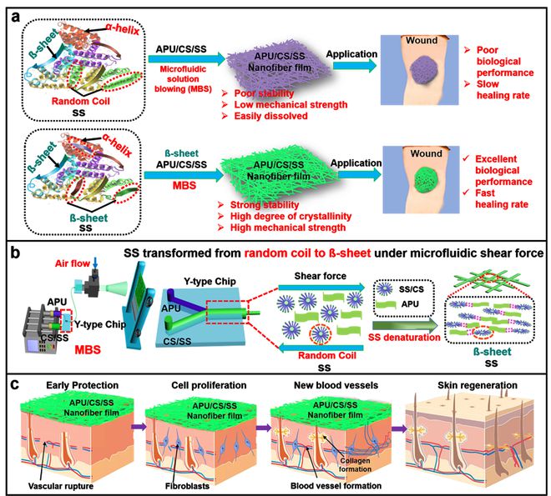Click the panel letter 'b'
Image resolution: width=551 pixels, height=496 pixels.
14,252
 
